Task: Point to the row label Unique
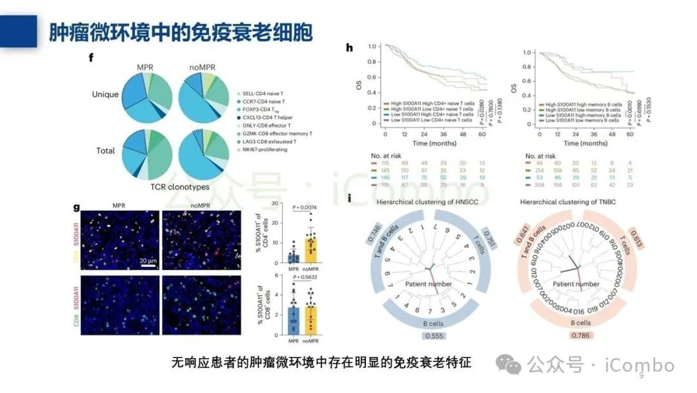(105, 94)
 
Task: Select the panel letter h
(349, 48)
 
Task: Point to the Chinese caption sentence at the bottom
(321, 363)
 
